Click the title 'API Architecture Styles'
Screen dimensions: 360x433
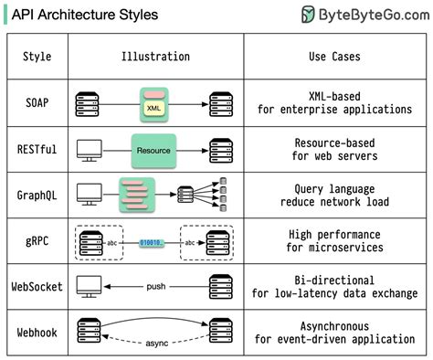point(84,15)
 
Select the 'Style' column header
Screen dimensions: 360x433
point(37,57)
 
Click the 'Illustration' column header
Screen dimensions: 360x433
point(155,57)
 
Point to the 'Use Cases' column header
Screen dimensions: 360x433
point(334,57)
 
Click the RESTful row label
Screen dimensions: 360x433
point(37,148)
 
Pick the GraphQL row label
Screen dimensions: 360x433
point(37,195)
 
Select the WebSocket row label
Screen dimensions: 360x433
point(37,287)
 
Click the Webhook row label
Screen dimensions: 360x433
point(37,332)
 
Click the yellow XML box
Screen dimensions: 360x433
point(153,108)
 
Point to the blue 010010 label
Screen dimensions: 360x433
point(153,242)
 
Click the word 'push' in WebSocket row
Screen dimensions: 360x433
point(154,287)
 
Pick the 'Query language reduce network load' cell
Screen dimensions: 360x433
point(334,195)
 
